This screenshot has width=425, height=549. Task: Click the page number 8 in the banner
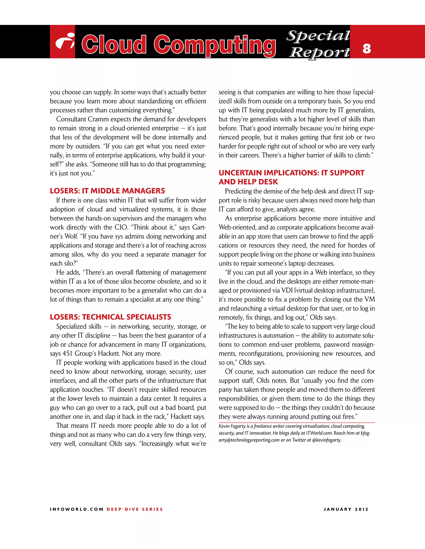pos(367,48)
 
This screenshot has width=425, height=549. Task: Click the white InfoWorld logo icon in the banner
pos(65,41)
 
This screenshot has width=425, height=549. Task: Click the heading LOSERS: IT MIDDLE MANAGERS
pos(107,191)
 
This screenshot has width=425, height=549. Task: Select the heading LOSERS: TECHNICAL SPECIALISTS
pos(110,317)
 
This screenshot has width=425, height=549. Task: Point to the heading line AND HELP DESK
pos(248,182)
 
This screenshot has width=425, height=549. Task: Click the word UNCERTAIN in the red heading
pos(240,173)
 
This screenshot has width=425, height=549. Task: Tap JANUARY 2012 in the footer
pos(346,509)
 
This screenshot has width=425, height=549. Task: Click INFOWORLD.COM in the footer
pos(77,509)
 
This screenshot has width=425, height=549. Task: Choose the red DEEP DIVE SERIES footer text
pos(135,509)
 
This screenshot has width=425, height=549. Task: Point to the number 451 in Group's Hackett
pos(67,353)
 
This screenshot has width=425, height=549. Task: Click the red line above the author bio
pos(297,423)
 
